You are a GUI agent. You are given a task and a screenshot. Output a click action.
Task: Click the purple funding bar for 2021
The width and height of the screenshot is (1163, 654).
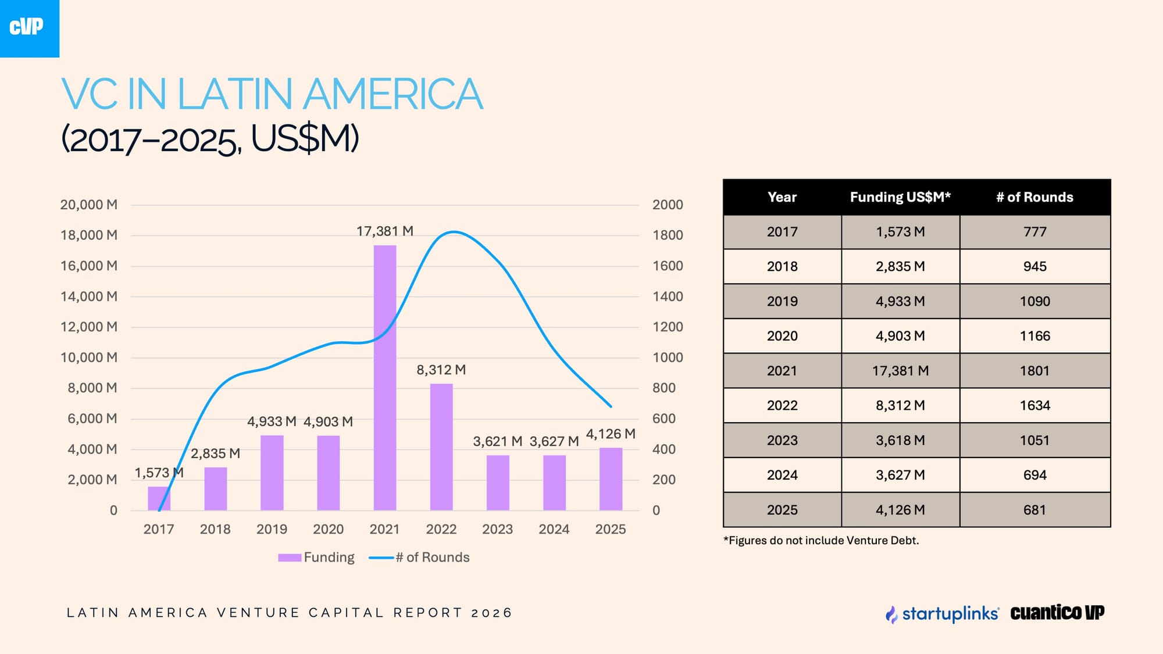(385, 378)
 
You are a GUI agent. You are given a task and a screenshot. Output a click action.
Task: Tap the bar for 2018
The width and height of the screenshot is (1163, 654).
(216, 489)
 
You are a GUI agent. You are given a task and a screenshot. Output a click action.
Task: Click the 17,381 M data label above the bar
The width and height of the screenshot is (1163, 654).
(384, 231)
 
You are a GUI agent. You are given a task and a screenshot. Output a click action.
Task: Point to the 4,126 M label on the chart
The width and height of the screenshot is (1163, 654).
(610, 434)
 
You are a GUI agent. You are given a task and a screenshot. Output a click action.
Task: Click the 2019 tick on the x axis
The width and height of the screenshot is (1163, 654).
(272, 529)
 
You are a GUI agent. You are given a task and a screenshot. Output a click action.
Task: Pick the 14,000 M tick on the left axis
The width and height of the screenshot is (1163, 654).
(89, 296)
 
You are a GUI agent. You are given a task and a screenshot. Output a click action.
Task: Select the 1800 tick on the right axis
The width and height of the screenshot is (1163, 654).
(667, 235)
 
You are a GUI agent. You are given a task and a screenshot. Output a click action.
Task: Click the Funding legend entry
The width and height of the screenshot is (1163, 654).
(317, 557)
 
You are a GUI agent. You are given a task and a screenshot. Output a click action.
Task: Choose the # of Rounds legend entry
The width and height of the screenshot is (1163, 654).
(420, 557)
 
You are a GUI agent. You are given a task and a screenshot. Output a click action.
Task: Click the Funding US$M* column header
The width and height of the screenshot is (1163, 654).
(900, 197)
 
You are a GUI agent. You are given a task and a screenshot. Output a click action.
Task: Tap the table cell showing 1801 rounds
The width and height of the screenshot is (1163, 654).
(1034, 371)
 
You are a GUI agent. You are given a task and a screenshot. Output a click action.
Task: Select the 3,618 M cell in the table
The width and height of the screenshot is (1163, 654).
(900, 440)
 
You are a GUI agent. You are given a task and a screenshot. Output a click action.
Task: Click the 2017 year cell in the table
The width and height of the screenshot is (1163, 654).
(782, 232)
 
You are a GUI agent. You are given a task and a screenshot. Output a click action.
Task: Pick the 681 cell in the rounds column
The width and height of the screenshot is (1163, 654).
(1034, 510)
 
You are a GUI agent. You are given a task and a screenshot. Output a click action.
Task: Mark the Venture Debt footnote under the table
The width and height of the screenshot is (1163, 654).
(820, 541)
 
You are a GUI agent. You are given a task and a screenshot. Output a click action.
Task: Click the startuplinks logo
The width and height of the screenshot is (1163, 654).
(942, 613)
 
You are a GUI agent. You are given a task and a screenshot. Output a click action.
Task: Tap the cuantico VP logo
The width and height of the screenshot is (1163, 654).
(1057, 613)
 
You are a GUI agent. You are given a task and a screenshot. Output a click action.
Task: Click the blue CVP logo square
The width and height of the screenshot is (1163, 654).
(29, 28)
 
